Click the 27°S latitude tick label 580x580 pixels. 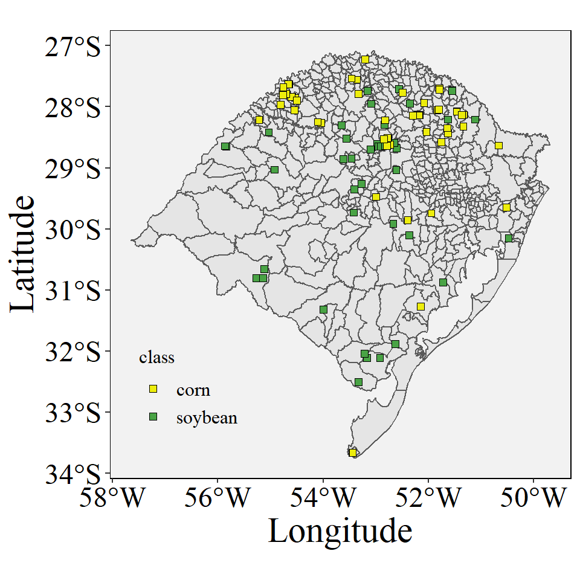(72, 47)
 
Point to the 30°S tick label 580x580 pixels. (72, 230)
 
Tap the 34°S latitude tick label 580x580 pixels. (72, 475)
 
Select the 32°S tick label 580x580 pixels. (72, 352)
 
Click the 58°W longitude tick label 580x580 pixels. (112, 498)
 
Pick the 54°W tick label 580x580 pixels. (323, 498)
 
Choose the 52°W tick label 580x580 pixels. (428, 498)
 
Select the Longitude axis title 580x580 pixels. (340, 532)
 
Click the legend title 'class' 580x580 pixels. (156, 358)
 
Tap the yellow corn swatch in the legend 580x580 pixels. (153, 389)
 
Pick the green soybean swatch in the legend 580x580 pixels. (153, 417)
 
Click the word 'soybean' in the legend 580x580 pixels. (207, 417)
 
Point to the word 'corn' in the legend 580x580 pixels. (193, 390)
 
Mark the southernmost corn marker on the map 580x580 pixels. (353, 453)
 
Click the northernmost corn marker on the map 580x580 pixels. (365, 59)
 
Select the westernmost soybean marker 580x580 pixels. (225, 146)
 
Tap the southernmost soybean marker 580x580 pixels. (358, 382)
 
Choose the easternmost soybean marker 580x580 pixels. (509, 238)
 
